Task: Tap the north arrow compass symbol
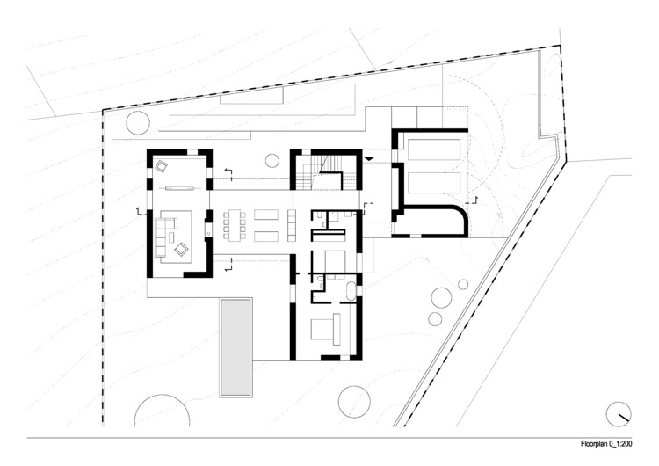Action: pyautogui.click(x=619, y=411)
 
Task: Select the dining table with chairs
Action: pyautogui.click(x=232, y=224)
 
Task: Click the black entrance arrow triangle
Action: pyautogui.click(x=370, y=157)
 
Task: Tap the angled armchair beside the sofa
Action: pyautogui.click(x=181, y=250)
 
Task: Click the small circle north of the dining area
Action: pyautogui.click(x=272, y=160)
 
